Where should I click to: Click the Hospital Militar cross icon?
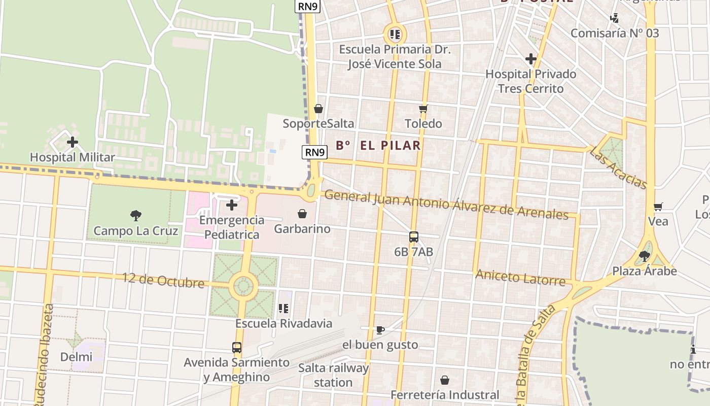pos(73,142)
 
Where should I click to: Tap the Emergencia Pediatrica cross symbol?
pos(232,205)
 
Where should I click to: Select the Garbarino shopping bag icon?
pos(302,214)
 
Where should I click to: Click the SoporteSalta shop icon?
pos(318,109)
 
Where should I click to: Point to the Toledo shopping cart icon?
pos(423,109)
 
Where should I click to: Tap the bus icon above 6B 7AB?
pos(414,236)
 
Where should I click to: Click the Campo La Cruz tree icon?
pos(136,216)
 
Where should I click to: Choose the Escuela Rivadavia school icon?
pos(283,308)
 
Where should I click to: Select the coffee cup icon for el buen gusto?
pos(380,330)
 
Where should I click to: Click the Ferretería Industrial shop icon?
pos(445,380)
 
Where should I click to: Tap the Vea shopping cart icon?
pos(658,207)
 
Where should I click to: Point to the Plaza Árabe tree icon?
pos(645,256)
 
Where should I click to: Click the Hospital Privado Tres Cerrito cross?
pos(531,59)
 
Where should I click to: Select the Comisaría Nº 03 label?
pos(615,33)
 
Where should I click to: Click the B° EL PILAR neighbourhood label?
pos(378,146)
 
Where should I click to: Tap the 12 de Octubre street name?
pos(163,280)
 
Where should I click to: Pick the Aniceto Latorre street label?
pos(520,278)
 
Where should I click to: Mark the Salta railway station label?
pos(333,375)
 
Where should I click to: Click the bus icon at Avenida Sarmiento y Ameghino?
pos(237,348)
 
